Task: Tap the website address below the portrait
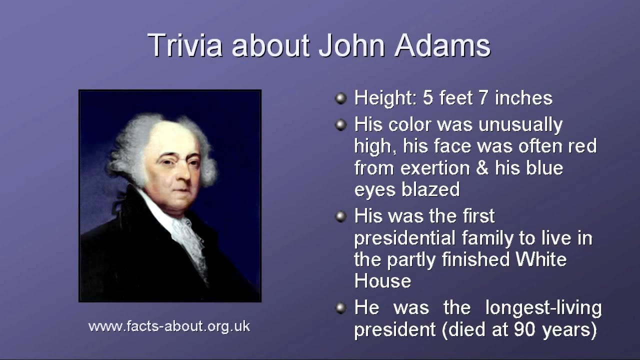(169, 326)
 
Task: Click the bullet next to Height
(340, 98)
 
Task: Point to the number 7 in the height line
(483, 98)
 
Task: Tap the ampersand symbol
(481, 167)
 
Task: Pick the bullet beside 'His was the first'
(340, 216)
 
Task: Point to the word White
(541, 259)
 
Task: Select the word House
(382, 281)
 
